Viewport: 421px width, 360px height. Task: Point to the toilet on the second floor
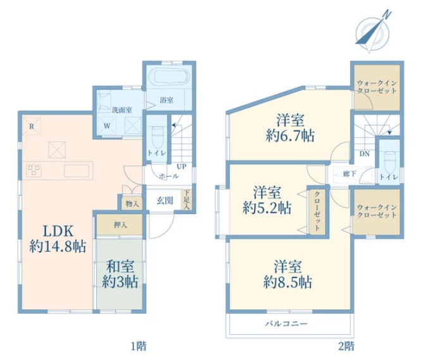[390, 162]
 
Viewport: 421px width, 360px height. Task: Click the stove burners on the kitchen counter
[34, 171]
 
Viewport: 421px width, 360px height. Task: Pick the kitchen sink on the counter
[77, 171]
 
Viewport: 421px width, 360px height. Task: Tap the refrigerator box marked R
[32, 126]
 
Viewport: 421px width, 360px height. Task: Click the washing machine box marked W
[107, 126]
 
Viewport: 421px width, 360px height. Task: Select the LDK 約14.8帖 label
[58, 239]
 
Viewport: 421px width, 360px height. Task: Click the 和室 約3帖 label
[120, 274]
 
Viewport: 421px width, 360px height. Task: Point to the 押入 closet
[120, 225]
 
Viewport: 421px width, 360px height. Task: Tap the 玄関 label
[165, 201]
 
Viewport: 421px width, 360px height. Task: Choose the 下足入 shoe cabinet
[186, 199]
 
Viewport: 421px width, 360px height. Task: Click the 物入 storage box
[132, 204]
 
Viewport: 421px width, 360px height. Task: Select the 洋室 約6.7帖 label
[290, 128]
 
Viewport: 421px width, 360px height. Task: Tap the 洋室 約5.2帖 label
[267, 200]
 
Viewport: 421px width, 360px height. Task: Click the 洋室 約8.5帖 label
[288, 274]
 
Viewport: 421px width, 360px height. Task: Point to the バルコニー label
[286, 323]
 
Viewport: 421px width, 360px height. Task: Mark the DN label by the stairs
[365, 154]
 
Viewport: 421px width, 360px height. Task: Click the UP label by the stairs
[182, 166]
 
